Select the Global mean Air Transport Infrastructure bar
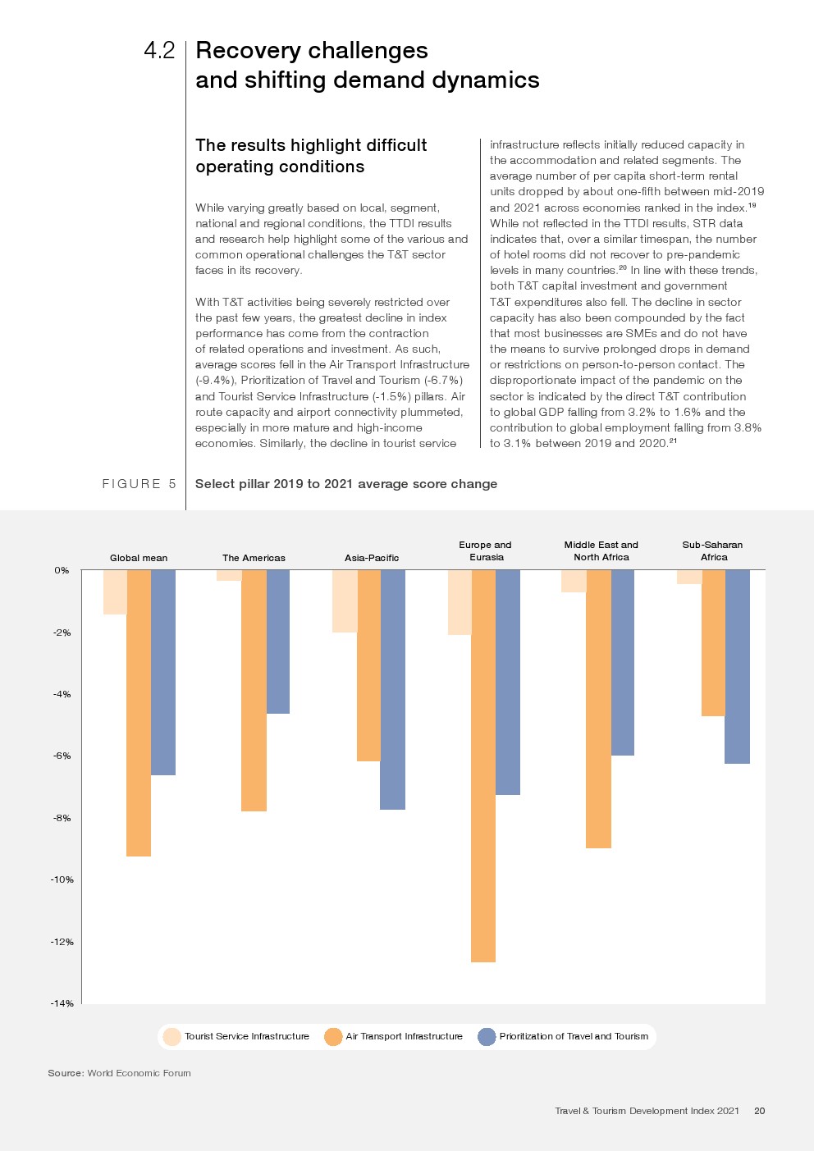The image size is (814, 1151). click(139, 713)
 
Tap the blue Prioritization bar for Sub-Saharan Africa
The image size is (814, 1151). click(737, 666)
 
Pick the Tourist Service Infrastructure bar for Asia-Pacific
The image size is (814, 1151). click(345, 601)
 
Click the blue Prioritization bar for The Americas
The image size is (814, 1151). click(278, 642)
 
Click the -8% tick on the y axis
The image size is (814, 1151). click(62, 818)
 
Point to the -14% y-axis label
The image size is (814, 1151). click(62, 1003)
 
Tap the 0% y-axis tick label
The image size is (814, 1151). click(62, 570)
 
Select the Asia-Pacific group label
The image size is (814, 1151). click(372, 558)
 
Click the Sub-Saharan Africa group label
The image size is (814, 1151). click(712, 550)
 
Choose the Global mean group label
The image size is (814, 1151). click(139, 558)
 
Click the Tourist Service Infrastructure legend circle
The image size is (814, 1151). click(171, 1037)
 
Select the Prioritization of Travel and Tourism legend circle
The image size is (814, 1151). click(487, 1037)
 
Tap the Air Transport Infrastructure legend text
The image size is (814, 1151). click(404, 1037)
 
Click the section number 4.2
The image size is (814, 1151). click(159, 51)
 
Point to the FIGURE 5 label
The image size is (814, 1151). click(139, 484)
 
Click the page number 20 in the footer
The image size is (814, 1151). click(759, 1111)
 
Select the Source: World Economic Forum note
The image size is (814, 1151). click(119, 1073)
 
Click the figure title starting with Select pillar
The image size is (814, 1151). click(345, 484)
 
